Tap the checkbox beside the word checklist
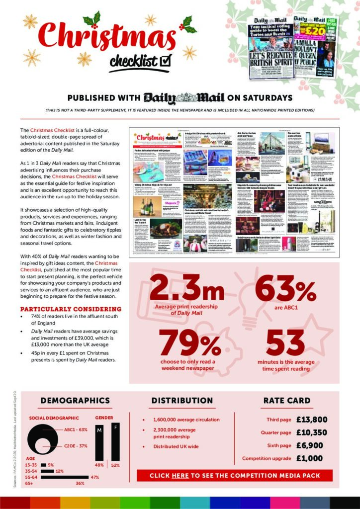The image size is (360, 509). (x=166, y=61)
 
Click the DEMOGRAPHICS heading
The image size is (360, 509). (x=75, y=401)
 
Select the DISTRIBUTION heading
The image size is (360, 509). (x=182, y=401)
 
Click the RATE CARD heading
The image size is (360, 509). (x=287, y=401)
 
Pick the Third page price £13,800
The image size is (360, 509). (x=312, y=420)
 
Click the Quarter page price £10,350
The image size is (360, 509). (x=312, y=432)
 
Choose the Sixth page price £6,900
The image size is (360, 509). (x=309, y=445)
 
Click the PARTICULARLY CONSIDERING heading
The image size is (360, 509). (x=62, y=308)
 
